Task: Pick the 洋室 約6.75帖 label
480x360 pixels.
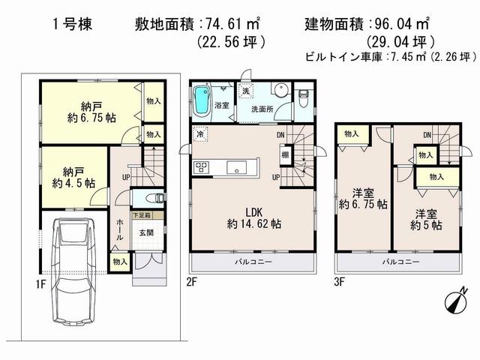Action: [x=362, y=197]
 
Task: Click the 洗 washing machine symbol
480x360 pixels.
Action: [x=246, y=92]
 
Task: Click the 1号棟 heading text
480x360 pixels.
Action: [x=70, y=23]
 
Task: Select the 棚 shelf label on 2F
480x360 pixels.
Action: [x=286, y=154]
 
